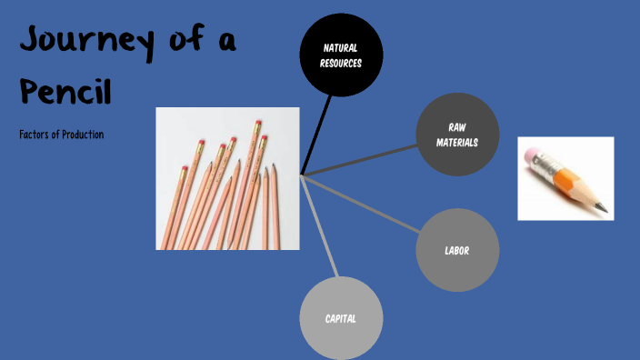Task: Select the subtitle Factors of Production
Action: point(61,135)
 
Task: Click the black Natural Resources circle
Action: point(341,55)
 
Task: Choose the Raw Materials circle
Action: point(457,135)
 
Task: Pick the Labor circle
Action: point(457,250)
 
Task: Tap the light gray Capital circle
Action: point(341,318)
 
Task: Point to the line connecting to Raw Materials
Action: point(364,156)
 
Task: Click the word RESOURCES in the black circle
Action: point(341,64)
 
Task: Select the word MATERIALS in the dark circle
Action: point(457,143)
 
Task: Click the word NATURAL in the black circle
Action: point(341,47)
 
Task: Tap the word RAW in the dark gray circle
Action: point(457,127)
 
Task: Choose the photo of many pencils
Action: point(228,178)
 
